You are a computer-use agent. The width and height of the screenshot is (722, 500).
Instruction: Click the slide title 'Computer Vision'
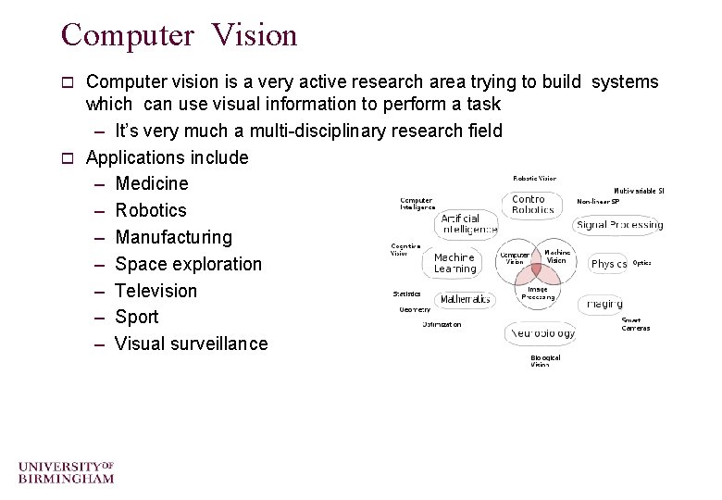pyautogui.click(x=179, y=35)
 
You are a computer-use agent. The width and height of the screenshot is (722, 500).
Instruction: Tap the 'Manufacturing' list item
pyautogui.click(x=173, y=237)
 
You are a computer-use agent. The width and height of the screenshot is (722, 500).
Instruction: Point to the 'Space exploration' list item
pyautogui.click(x=188, y=264)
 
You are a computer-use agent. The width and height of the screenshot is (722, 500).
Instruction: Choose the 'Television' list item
pyautogui.click(x=156, y=291)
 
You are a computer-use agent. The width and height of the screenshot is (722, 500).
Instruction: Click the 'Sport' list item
pyautogui.click(x=137, y=317)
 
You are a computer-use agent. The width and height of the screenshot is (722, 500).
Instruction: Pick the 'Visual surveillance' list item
pyautogui.click(x=191, y=344)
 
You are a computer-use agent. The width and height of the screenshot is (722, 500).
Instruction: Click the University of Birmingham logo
pyautogui.click(x=66, y=471)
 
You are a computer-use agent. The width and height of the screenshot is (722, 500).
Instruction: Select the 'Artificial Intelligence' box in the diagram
pyautogui.click(x=467, y=223)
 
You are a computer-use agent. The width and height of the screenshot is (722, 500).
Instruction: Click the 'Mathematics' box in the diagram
pyautogui.click(x=465, y=299)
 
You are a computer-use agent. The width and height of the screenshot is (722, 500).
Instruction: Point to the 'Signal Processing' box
pyautogui.click(x=619, y=225)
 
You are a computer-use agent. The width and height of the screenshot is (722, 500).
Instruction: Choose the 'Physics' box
pyautogui.click(x=608, y=264)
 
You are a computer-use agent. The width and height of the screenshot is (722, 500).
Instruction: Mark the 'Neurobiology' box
pyautogui.click(x=541, y=332)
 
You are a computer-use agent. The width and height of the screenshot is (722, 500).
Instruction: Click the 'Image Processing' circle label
pyautogui.click(x=538, y=294)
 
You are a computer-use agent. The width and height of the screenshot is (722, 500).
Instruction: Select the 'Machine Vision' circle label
pyautogui.click(x=557, y=256)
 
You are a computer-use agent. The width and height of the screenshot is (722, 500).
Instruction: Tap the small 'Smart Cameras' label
pyautogui.click(x=636, y=324)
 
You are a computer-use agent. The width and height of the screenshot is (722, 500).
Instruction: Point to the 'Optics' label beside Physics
pyautogui.click(x=641, y=263)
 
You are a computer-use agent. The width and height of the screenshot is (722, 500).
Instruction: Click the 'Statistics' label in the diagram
pyautogui.click(x=407, y=294)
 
